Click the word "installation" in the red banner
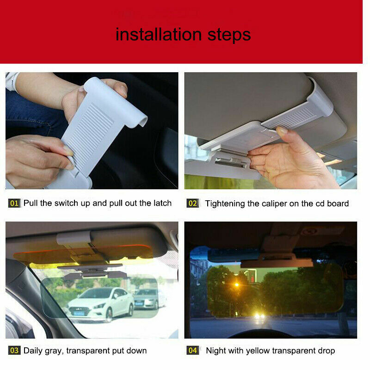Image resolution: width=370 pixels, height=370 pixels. point(158,34)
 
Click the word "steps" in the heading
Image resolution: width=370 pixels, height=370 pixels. point(228,35)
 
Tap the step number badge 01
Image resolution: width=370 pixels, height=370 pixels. point(14,203)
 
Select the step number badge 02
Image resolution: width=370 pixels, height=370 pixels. point(192,203)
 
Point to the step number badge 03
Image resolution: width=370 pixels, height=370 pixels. point(14,351)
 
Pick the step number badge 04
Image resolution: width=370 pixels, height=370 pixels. point(192,351)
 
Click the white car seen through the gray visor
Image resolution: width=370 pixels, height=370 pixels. point(100,302)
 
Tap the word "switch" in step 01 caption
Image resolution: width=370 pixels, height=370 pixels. point(68,203)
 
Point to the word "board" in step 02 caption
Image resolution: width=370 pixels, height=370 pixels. point(337,203)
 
